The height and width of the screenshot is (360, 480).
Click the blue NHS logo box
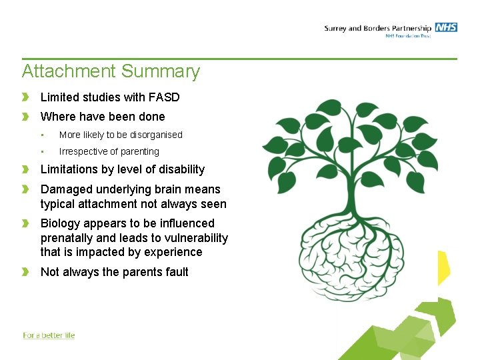click(446, 27)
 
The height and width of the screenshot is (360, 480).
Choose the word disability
click(181, 169)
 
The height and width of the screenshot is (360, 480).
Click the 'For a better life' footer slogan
click(49, 335)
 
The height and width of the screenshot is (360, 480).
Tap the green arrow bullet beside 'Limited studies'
click(26, 97)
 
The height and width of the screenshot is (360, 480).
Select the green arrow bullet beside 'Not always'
click(26, 272)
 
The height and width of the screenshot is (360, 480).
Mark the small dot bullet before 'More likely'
click(43, 135)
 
